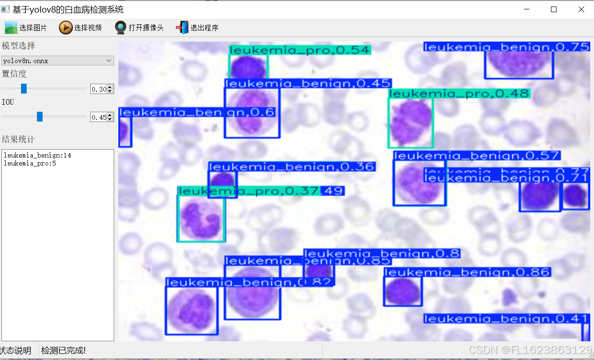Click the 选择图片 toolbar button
tap(26, 28)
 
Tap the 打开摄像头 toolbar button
tap(139, 28)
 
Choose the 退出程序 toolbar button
tap(197, 28)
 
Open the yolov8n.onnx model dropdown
tap(58, 60)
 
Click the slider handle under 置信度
tap(24, 88)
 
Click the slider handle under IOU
tap(40, 116)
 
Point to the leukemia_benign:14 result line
tap(37, 155)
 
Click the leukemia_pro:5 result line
tap(30, 163)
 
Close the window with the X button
tap(581, 9)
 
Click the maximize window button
tap(554, 9)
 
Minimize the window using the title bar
tap(527, 9)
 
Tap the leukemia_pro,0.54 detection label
tap(300, 50)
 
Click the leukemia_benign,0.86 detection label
tap(466, 272)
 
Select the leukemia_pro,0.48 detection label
tap(459, 94)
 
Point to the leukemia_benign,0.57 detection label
tap(477, 156)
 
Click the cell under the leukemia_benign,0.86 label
tap(402, 292)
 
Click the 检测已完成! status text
tap(64, 351)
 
